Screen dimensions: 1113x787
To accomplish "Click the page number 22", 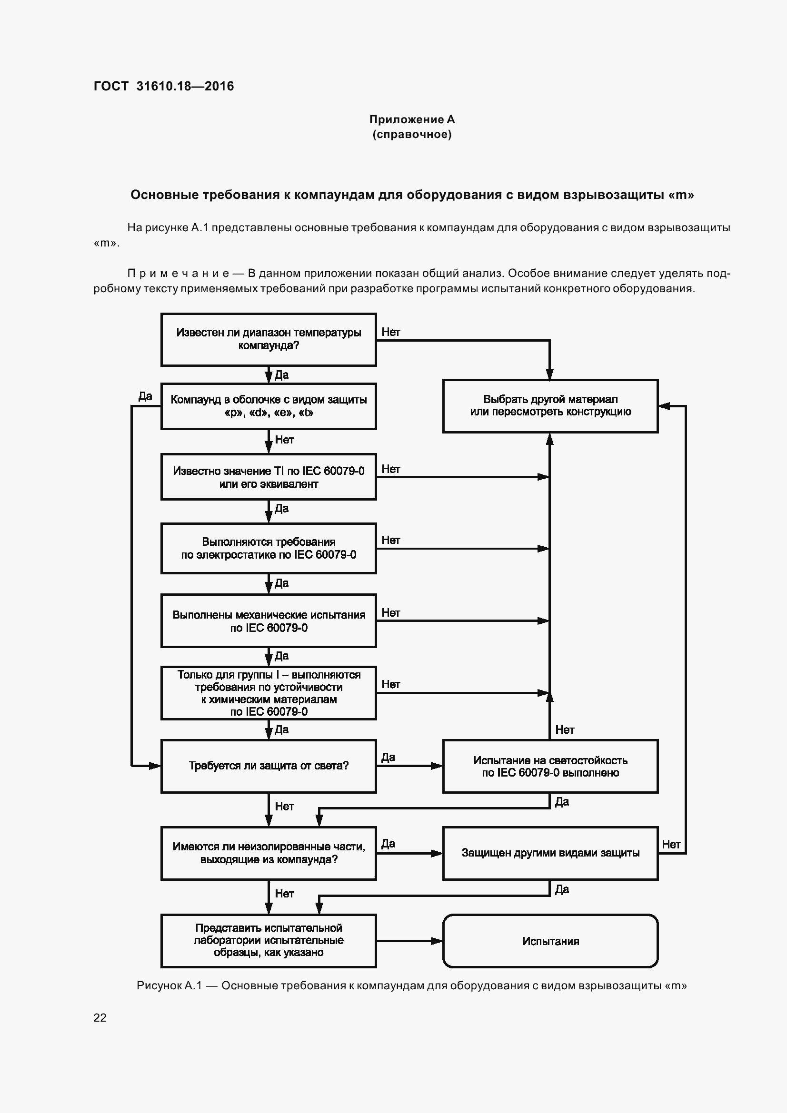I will point(100,1017).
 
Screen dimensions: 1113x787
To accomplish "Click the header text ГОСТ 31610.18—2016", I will point(163,86).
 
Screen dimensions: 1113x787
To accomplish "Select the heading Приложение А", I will point(412,119).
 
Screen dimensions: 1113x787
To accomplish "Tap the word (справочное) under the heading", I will point(412,134).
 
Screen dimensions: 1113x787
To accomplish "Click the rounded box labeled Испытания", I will point(550,941).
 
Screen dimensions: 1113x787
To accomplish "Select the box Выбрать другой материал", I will point(550,406).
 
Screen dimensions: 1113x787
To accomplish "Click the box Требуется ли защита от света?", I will point(268,766).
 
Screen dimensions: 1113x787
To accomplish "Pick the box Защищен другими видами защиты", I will point(550,853).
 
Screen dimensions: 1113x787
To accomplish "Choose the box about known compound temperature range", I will point(268,339).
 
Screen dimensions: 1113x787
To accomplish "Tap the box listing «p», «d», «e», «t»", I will point(268,406).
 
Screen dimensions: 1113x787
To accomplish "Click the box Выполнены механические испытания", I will point(268,621).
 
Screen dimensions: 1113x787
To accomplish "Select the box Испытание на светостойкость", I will point(550,767).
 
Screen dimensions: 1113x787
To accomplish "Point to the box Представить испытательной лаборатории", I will point(268,940).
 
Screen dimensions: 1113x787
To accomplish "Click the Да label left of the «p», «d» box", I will point(145,396).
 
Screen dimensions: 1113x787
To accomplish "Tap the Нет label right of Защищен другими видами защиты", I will point(671,845).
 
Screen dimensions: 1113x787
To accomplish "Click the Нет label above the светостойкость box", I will point(565,729).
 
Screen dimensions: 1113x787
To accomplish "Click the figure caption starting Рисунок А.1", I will point(412,985).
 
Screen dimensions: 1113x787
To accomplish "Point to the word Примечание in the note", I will point(178,273).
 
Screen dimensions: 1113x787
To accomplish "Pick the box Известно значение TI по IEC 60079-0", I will point(268,477).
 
